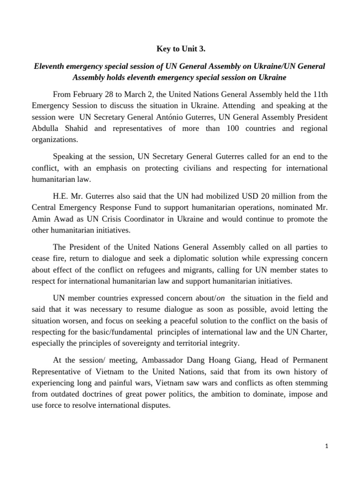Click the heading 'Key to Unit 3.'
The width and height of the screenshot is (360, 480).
coord(180,48)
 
